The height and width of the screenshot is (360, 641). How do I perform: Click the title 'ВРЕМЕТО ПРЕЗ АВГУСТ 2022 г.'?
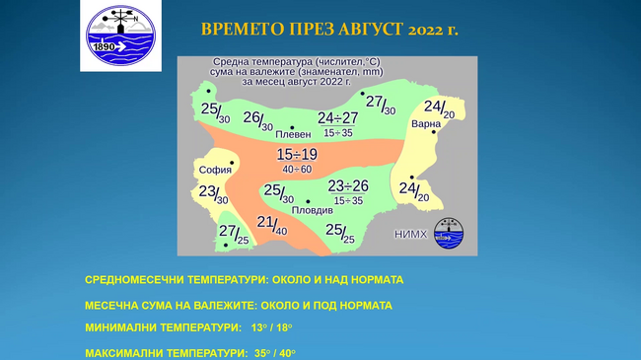329,30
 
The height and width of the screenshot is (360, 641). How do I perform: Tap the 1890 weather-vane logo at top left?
120,38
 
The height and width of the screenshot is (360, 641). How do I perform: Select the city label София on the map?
215,170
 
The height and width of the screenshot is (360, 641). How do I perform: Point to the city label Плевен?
292,133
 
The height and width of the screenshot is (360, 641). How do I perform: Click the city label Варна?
426,124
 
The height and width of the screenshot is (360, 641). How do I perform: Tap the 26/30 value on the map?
257,120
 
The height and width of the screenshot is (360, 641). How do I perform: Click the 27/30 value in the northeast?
380,104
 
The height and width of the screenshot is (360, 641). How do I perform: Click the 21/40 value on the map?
272,225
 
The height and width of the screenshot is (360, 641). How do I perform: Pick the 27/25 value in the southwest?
233,234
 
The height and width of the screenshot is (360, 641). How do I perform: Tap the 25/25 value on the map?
340,232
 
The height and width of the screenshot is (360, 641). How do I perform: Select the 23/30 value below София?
213,193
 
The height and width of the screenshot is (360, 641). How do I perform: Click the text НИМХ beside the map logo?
411,234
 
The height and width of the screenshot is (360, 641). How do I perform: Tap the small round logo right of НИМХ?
448,234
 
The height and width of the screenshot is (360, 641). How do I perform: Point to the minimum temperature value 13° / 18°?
270,327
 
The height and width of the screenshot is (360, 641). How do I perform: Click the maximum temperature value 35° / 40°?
273,352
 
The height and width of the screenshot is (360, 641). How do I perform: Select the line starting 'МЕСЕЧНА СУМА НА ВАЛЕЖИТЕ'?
238,305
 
